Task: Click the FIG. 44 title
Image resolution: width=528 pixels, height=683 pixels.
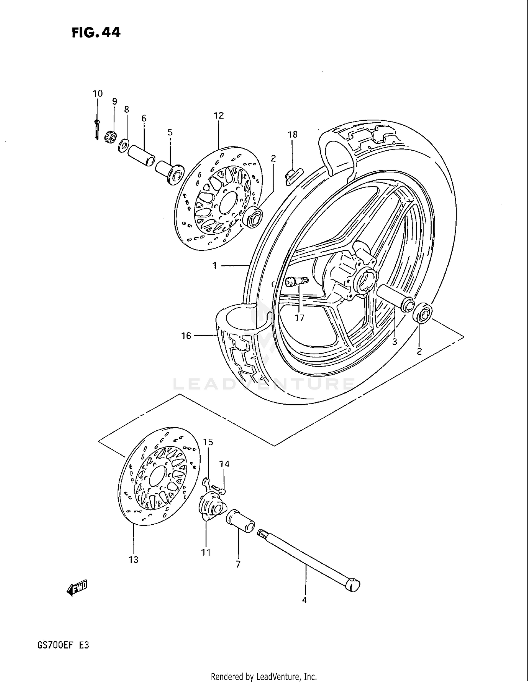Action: (x=96, y=32)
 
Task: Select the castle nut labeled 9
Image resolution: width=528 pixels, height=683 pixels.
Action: (x=110, y=136)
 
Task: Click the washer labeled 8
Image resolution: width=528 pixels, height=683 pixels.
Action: (x=123, y=145)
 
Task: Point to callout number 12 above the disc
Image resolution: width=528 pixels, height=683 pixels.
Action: (x=218, y=115)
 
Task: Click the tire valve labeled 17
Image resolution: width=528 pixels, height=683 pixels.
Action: (x=296, y=282)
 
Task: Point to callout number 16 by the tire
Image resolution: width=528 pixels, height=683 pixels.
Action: (x=186, y=336)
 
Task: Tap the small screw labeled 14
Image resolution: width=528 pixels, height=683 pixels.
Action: (x=219, y=489)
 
